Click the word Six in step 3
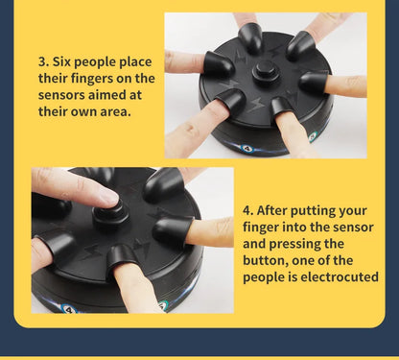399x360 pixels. tap(61, 61)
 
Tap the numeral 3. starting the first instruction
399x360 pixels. tap(43, 61)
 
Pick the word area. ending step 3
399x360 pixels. tap(115, 111)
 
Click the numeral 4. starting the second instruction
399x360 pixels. tap(247, 210)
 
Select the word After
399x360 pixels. tap(271, 210)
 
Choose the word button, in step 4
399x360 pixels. tap(266, 260)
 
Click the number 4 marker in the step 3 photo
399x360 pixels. tap(246, 148)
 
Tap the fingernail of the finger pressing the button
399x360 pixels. tap(109, 197)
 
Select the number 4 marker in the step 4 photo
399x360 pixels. tap(68, 309)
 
